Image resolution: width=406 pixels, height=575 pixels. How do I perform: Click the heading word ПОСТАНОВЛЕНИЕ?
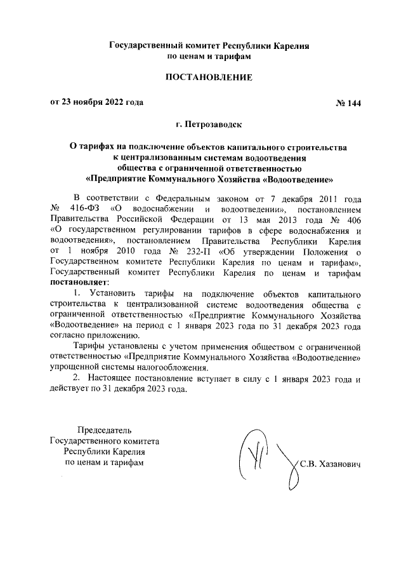209,78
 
